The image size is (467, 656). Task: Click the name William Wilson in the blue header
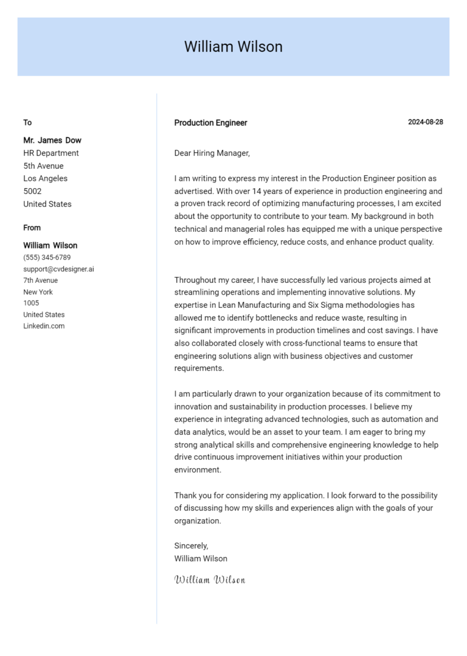click(233, 47)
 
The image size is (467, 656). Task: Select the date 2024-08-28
click(425, 122)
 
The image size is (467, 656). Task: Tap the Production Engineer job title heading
click(210, 123)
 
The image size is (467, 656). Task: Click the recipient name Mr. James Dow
click(52, 140)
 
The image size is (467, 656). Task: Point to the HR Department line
click(51, 153)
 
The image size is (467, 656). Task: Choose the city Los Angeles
click(46, 178)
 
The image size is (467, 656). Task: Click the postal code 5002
click(32, 191)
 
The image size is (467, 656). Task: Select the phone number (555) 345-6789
click(47, 257)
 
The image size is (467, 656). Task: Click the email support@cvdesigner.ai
click(58, 269)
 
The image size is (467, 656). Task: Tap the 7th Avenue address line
click(41, 281)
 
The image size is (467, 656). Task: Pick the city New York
click(38, 292)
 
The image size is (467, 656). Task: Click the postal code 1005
click(31, 303)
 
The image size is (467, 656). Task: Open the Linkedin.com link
click(44, 326)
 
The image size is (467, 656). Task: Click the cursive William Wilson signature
click(210, 579)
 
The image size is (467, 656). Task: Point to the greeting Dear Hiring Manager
click(212, 153)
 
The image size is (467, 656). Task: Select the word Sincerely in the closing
click(191, 546)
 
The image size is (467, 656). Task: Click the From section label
click(32, 228)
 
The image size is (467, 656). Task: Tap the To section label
click(27, 122)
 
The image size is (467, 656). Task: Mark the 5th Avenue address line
click(43, 166)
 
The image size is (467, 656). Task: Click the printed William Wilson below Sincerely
click(201, 559)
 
